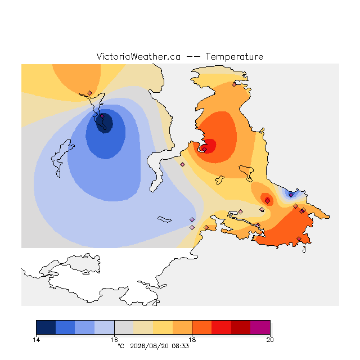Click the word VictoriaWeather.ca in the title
pyautogui.click(x=138, y=57)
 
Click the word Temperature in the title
pyautogui.click(x=234, y=57)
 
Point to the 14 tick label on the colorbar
pyautogui.click(x=36, y=340)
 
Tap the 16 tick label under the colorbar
pyautogui.click(x=114, y=340)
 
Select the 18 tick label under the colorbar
pyautogui.click(x=192, y=340)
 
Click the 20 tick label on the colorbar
pyautogui.click(x=270, y=340)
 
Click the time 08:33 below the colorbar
pyautogui.click(x=180, y=346)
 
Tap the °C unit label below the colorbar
pyautogui.click(x=121, y=346)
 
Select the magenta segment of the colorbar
pyautogui.click(x=260, y=327)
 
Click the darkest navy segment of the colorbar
pyautogui.click(x=46, y=327)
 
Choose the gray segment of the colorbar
pyautogui.click(x=124, y=327)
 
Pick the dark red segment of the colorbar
pyautogui.click(x=241, y=327)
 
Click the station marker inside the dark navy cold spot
pyautogui.click(x=102, y=116)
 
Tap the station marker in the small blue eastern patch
pyautogui.click(x=291, y=195)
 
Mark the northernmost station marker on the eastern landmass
pyautogui.click(x=234, y=85)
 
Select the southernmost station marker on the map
pyautogui.click(x=299, y=238)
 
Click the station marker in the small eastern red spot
pyautogui.click(x=268, y=201)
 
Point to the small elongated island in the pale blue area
pyautogui.click(x=164, y=219)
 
